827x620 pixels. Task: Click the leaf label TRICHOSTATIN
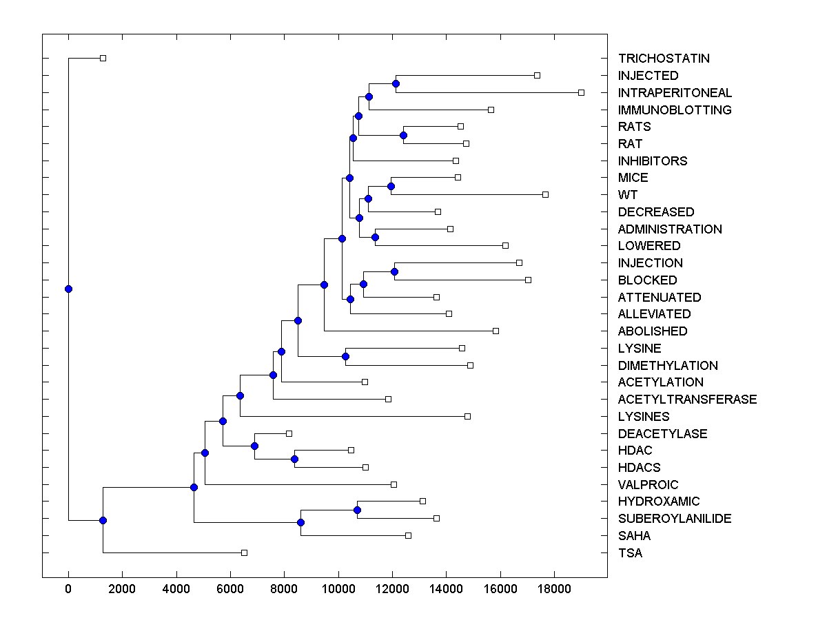pyautogui.click(x=664, y=59)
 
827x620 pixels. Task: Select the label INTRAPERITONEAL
pyautogui.click(x=675, y=92)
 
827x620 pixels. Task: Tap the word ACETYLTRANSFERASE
pyautogui.click(x=687, y=400)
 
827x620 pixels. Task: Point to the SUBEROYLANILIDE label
pyautogui.click(x=675, y=519)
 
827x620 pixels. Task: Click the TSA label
pyautogui.click(x=630, y=552)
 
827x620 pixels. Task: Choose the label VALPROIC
pyautogui.click(x=648, y=484)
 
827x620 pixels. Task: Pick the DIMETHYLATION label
pyautogui.click(x=668, y=365)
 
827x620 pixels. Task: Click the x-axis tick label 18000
pyautogui.click(x=554, y=589)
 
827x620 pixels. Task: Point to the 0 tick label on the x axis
pyautogui.click(x=68, y=589)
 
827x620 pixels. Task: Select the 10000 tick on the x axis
pyautogui.click(x=338, y=589)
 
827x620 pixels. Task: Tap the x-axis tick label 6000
pyautogui.click(x=230, y=589)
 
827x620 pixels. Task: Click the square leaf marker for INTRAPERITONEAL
pyautogui.click(x=581, y=92)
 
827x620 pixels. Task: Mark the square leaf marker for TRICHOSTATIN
pyautogui.click(x=103, y=58)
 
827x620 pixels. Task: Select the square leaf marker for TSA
pyautogui.click(x=244, y=552)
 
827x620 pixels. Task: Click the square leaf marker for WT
pyautogui.click(x=545, y=195)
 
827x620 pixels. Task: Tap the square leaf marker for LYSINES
pyautogui.click(x=467, y=416)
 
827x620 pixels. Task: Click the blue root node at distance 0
pyautogui.click(x=68, y=289)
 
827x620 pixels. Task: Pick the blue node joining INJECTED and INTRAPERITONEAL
pyautogui.click(x=396, y=84)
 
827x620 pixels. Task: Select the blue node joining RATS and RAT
pyautogui.click(x=404, y=135)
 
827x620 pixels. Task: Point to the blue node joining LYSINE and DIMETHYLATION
pyautogui.click(x=345, y=356)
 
